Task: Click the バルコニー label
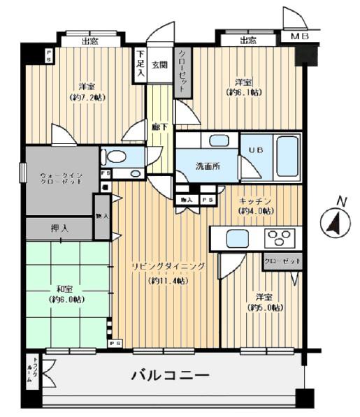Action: click(x=170, y=376)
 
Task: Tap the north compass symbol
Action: click(x=335, y=223)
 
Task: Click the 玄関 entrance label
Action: click(x=160, y=66)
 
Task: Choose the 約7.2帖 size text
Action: click(x=87, y=98)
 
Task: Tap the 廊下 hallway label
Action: click(x=159, y=128)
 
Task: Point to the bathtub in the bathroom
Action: click(x=287, y=155)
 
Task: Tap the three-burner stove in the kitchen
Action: click(x=281, y=238)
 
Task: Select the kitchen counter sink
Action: click(x=237, y=239)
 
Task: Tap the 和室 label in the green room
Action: click(x=68, y=288)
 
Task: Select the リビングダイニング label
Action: click(x=168, y=266)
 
